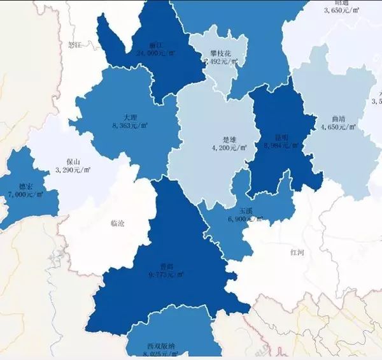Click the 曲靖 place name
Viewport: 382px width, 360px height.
coord(339,119)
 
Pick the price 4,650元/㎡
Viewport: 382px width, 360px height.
coord(339,127)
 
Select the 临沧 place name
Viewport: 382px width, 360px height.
coord(118,223)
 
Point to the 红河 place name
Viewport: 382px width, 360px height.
coord(297,252)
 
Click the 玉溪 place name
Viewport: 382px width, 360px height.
coord(246,210)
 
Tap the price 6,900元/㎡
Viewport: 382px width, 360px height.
coord(246,219)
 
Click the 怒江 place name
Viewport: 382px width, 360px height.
coord(75,45)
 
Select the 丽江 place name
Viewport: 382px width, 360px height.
coord(155,45)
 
